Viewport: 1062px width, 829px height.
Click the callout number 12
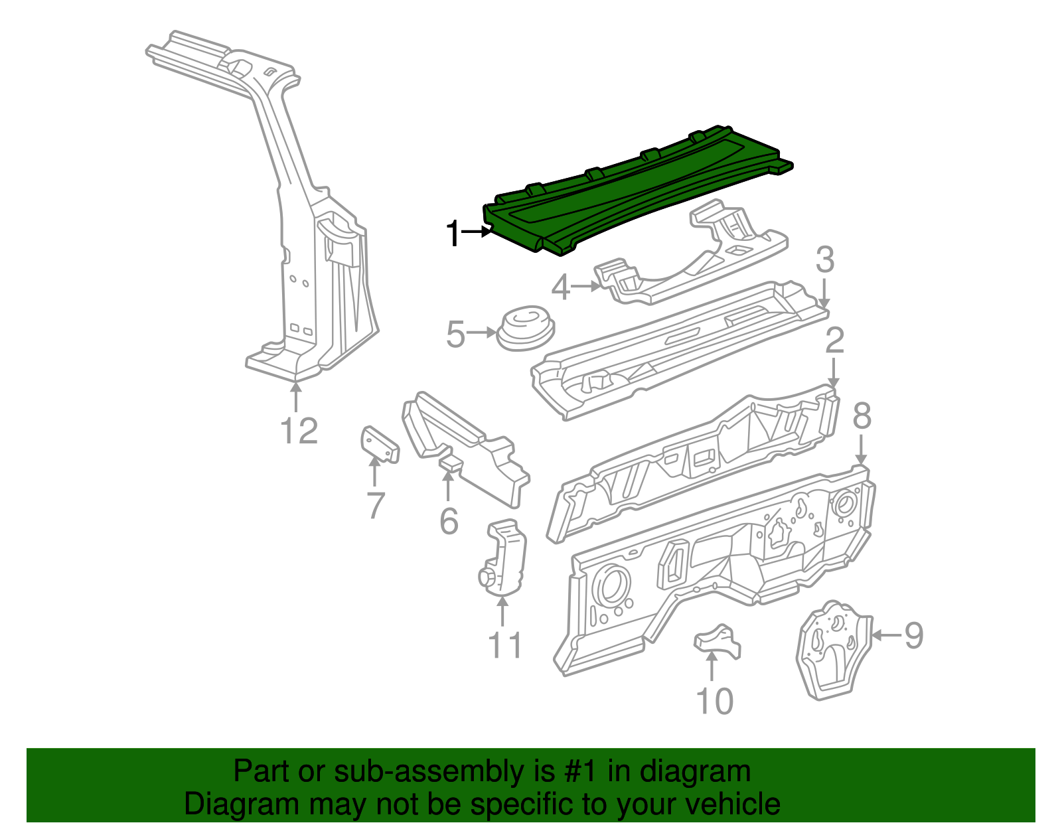[x=299, y=431]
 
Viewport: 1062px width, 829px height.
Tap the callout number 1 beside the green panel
[x=453, y=234]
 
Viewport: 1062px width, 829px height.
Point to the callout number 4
[x=561, y=288]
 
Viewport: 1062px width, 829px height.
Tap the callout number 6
[x=449, y=521]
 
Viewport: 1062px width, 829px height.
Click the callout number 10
[x=714, y=701]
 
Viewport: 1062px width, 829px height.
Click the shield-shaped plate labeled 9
[x=833, y=650]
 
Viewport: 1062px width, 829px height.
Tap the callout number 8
[x=862, y=416]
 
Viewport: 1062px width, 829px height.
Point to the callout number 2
[x=834, y=340]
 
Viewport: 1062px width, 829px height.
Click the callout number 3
[x=824, y=260]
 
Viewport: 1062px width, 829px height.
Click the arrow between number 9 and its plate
[x=886, y=635]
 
